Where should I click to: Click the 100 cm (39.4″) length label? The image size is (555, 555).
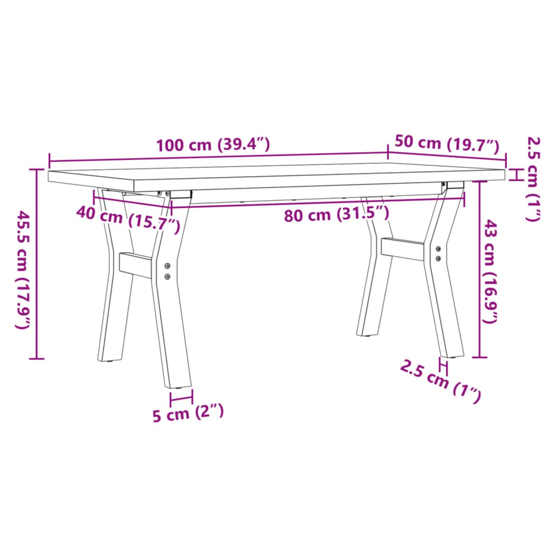click(213, 145)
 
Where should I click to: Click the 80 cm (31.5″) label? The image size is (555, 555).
click(336, 215)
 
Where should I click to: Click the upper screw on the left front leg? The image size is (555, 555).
click(167, 266)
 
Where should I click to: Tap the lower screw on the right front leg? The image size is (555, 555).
click(438, 258)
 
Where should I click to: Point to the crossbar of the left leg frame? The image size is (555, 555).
click(135, 265)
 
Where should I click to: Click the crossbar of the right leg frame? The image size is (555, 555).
click(402, 249)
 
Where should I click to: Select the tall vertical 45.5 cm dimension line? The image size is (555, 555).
click(37, 264)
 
